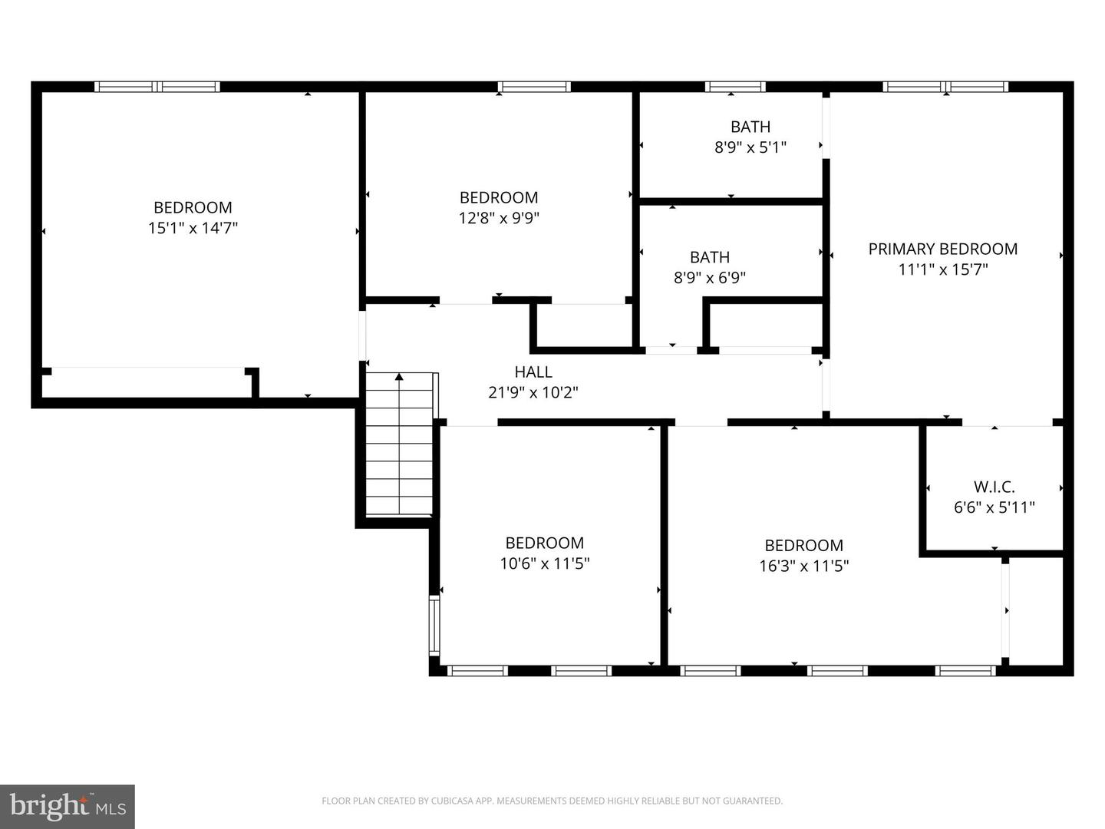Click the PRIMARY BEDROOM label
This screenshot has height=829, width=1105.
point(942,249)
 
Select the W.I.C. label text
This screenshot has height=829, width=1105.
point(994,487)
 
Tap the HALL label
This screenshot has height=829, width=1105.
point(533,372)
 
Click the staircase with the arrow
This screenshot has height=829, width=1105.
point(399,445)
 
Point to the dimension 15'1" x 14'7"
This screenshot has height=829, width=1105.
point(193,228)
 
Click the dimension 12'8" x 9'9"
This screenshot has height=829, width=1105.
point(499,218)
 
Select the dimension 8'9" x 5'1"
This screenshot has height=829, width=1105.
point(750,147)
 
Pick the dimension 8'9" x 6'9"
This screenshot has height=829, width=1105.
point(710,278)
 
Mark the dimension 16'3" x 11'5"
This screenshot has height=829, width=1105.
point(803,566)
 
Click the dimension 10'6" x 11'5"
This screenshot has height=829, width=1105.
point(545,563)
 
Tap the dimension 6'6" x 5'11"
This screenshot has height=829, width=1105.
point(994,507)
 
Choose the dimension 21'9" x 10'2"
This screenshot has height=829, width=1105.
point(533,392)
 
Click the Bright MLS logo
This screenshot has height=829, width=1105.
point(68,806)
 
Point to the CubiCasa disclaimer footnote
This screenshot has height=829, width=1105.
point(552,801)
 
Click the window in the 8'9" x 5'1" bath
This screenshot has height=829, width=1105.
point(735,87)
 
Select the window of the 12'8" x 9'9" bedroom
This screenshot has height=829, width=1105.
point(534,87)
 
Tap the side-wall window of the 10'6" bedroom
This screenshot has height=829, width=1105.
point(434,625)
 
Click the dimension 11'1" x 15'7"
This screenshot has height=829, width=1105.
point(942,269)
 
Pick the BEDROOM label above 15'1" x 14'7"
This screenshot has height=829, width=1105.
point(193,207)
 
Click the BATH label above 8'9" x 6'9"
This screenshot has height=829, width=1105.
point(710,257)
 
